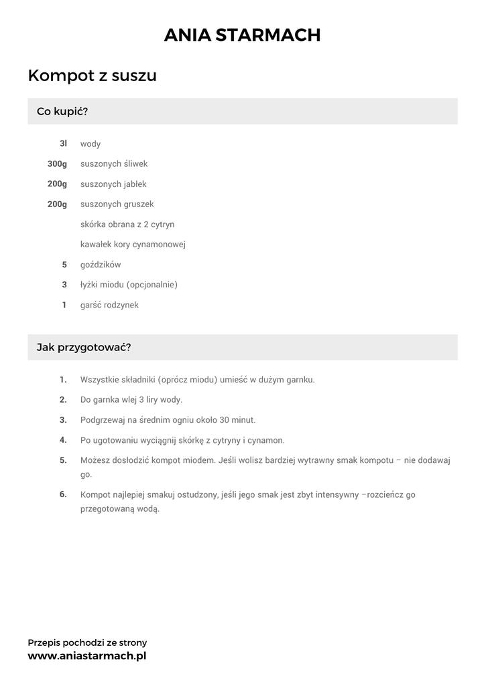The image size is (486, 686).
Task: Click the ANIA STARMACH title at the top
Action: (x=243, y=35)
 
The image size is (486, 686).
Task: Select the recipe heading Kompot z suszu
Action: (x=93, y=76)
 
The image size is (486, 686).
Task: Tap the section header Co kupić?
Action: (x=62, y=111)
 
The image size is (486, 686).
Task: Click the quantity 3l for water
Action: (x=63, y=144)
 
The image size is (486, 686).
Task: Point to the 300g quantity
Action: (x=57, y=164)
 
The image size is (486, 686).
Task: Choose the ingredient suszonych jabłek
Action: (x=113, y=184)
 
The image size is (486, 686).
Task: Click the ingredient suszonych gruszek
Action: (x=117, y=204)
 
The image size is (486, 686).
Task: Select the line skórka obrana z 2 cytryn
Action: (x=127, y=224)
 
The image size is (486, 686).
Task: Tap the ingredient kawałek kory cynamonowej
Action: (x=133, y=245)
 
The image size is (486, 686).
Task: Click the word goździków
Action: (x=101, y=265)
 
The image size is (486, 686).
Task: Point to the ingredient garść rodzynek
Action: (x=109, y=305)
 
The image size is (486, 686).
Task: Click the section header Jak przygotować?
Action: (x=84, y=348)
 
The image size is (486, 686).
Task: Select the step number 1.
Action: (x=63, y=380)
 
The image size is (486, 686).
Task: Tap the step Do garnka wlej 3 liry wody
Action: (x=131, y=400)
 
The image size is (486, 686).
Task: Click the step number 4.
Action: (x=63, y=440)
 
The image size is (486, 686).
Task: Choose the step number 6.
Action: (x=63, y=494)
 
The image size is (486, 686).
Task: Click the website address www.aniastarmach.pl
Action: (x=87, y=656)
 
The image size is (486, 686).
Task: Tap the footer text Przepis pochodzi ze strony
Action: (x=87, y=642)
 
